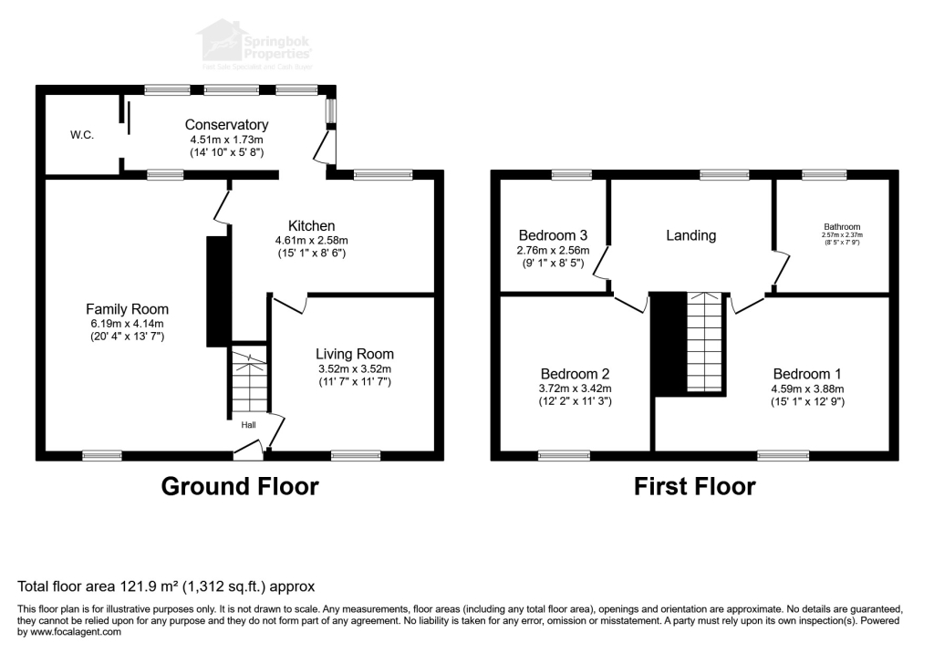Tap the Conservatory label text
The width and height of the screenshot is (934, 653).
point(226,125)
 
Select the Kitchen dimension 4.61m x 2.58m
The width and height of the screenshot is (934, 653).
point(311,240)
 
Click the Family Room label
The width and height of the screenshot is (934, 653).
point(127,309)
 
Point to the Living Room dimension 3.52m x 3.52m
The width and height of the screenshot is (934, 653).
point(354,369)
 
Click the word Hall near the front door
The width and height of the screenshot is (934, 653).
point(249,425)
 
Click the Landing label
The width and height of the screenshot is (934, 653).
point(690,235)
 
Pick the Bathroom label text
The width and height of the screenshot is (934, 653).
point(841,227)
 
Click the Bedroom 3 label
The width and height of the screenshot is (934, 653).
point(555,233)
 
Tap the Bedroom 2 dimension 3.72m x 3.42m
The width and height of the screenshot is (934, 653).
point(575,389)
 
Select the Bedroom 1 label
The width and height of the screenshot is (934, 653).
point(807,374)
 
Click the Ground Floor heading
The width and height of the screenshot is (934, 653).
point(240,487)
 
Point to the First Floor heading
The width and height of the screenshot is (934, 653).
point(695,487)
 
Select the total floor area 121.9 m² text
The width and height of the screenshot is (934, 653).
point(166,586)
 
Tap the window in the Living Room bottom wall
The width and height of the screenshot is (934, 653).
point(356,455)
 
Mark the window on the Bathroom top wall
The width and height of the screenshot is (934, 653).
point(818,174)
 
